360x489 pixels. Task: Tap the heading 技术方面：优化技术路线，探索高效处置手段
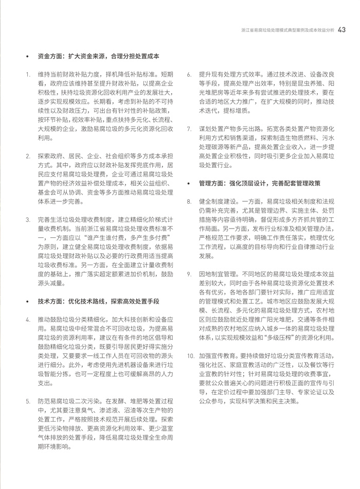pos(98,300)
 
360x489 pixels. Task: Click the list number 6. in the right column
pos(189,74)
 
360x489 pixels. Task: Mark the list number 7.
pos(189,128)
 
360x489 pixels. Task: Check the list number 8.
pos(189,201)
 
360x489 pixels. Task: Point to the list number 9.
pos(189,274)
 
